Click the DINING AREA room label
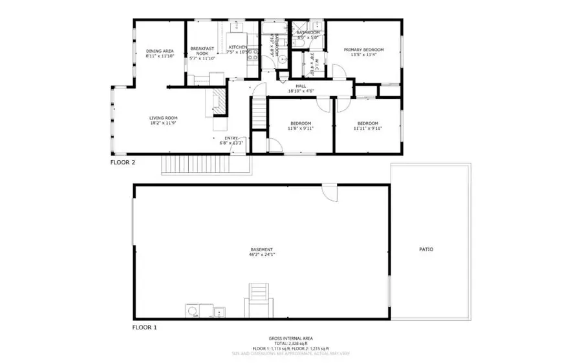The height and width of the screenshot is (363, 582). coord(158,51)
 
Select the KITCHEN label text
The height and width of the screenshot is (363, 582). coord(237,47)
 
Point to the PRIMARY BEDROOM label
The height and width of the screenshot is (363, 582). coord(363,50)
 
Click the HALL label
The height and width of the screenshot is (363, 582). coord(301,86)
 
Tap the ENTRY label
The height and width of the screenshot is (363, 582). coord(231,138)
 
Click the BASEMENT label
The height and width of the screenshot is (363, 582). coord(261,249)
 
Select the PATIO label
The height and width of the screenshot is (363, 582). coord(426,249)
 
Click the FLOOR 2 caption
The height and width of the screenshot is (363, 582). coord(122,163)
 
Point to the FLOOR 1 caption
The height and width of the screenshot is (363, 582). coord(145,327)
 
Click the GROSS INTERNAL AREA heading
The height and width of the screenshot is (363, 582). coord(292,338)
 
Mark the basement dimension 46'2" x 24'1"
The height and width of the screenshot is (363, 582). coord(261,254)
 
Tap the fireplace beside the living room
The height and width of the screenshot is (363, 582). coord(219,101)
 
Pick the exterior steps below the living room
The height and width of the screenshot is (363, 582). coord(203,165)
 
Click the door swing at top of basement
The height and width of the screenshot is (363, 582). coord(329,192)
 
